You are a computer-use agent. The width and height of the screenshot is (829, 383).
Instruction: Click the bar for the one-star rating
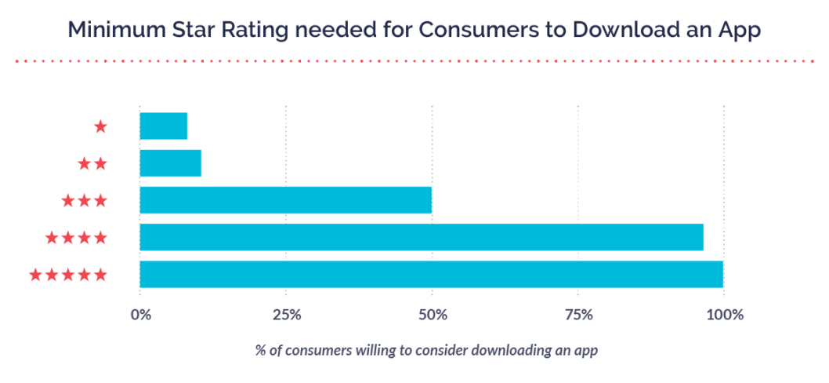click(164, 126)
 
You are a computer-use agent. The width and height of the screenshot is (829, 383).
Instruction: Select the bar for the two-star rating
click(171, 163)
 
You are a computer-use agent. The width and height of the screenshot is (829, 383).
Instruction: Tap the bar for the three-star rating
click(286, 200)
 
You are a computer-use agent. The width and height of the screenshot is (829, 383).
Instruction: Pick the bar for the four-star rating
click(422, 237)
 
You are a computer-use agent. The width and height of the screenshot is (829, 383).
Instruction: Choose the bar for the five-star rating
click(432, 274)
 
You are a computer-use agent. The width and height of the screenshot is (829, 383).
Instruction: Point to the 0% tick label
click(140, 316)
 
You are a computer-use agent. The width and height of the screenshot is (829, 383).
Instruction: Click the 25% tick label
click(286, 316)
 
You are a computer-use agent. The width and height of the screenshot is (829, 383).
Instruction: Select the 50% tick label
click(432, 316)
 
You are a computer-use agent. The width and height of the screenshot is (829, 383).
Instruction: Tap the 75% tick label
click(577, 316)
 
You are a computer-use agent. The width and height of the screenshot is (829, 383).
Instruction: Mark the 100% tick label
click(723, 316)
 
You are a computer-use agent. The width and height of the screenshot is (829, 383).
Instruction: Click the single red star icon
click(100, 126)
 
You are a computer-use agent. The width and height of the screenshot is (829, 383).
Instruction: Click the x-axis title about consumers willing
click(426, 351)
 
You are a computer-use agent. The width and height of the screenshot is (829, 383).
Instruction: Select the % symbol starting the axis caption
click(259, 351)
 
